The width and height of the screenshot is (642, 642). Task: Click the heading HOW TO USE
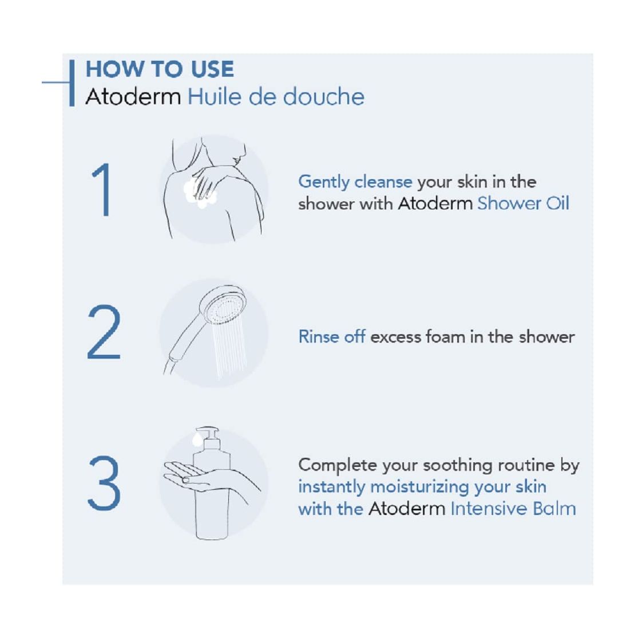coord(160,69)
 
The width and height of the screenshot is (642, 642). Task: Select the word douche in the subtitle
coord(323,97)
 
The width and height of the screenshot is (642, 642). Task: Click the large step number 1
coord(102,189)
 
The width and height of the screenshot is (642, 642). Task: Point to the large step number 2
coord(104,332)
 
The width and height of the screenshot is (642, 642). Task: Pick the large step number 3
coord(104,483)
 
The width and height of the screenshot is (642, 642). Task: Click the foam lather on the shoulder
coord(200,192)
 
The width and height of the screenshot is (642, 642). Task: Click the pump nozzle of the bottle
coord(209,434)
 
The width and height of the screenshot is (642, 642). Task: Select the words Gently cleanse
coord(355,182)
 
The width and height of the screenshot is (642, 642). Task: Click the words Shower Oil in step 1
coord(523,204)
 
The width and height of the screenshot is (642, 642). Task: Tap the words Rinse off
coord(332,336)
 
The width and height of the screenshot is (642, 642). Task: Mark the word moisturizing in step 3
coord(419,488)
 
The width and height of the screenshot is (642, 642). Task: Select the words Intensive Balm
coord(513,509)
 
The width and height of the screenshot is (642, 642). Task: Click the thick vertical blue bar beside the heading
coord(72,83)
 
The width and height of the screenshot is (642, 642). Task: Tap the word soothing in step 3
coord(458,466)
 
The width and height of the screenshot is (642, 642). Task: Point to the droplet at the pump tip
coord(197,440)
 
